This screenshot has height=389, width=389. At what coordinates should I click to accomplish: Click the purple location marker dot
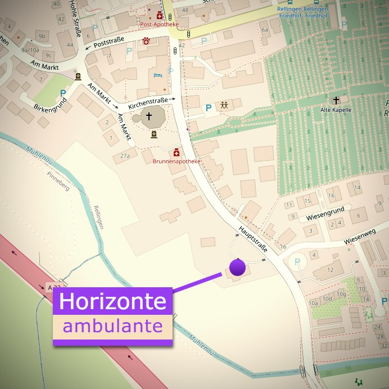238,268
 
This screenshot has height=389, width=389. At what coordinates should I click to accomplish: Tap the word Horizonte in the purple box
112,301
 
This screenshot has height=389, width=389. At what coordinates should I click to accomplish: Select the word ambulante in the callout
112,326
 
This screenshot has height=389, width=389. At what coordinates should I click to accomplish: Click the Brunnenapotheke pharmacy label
177,161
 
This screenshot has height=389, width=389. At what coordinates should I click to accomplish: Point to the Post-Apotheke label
159,25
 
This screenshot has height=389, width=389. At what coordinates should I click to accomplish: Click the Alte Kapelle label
336,110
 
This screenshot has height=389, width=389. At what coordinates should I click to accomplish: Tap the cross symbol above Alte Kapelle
336,100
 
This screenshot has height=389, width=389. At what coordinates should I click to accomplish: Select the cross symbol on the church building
149,116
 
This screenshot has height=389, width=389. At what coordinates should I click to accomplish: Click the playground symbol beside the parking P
224,105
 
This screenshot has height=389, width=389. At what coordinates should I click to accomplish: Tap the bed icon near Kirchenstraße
158,75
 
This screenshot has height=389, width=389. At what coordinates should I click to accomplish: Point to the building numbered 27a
124,156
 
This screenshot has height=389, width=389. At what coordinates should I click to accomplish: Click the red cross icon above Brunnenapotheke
177,152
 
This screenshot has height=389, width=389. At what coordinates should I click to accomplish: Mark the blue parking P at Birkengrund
63,93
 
